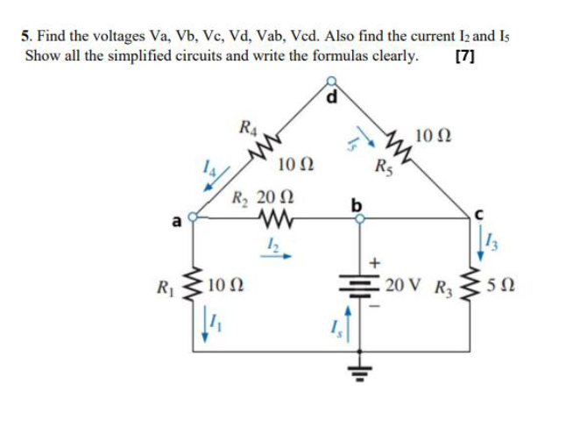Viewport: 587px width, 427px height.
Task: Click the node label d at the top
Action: pyautogui.click(x=332, y=96)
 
